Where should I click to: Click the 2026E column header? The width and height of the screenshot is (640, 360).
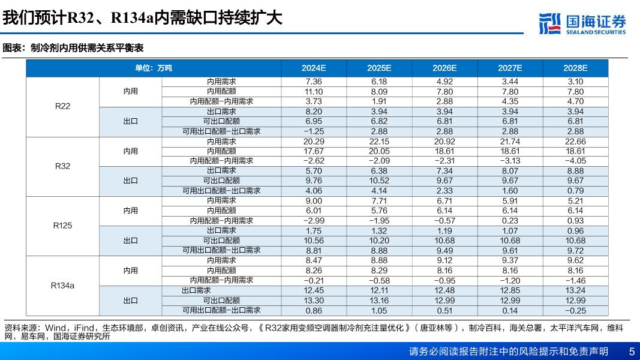tap(444, 68)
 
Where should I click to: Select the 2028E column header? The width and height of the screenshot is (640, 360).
tap(575, 68)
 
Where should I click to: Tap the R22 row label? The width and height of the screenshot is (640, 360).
tap(62, 106)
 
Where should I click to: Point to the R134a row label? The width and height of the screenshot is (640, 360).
tap(62, 286)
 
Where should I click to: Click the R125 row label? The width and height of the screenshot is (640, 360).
tap(62, 226)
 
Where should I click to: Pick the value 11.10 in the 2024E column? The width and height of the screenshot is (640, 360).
tap(314, 92)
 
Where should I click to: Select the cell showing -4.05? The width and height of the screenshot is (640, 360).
tap(575, 161)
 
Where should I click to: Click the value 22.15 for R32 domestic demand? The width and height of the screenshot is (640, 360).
tap(378, 142)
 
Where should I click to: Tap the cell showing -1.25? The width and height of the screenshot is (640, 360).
tap(314, 131)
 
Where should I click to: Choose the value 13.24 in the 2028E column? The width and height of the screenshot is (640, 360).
tap(575, 290)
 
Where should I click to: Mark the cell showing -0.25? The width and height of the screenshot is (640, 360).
tap(575, 311)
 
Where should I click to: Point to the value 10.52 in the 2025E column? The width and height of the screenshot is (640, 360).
tap(378, 181)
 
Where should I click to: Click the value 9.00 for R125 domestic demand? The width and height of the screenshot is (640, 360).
tap(314, 201)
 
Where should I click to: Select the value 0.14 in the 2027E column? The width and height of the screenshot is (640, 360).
tap(510, 311)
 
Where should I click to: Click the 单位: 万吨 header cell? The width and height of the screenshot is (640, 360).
tap(154, 68)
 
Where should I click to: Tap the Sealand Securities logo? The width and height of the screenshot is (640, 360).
tap(582, 23)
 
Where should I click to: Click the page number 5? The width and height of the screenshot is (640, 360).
tap(632, 352)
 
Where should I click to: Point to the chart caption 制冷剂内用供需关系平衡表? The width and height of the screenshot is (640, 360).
tap(87, 48)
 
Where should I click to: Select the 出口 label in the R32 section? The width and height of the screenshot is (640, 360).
tap(130, 181)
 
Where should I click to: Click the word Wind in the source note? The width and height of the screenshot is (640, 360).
tap(56, 328)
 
